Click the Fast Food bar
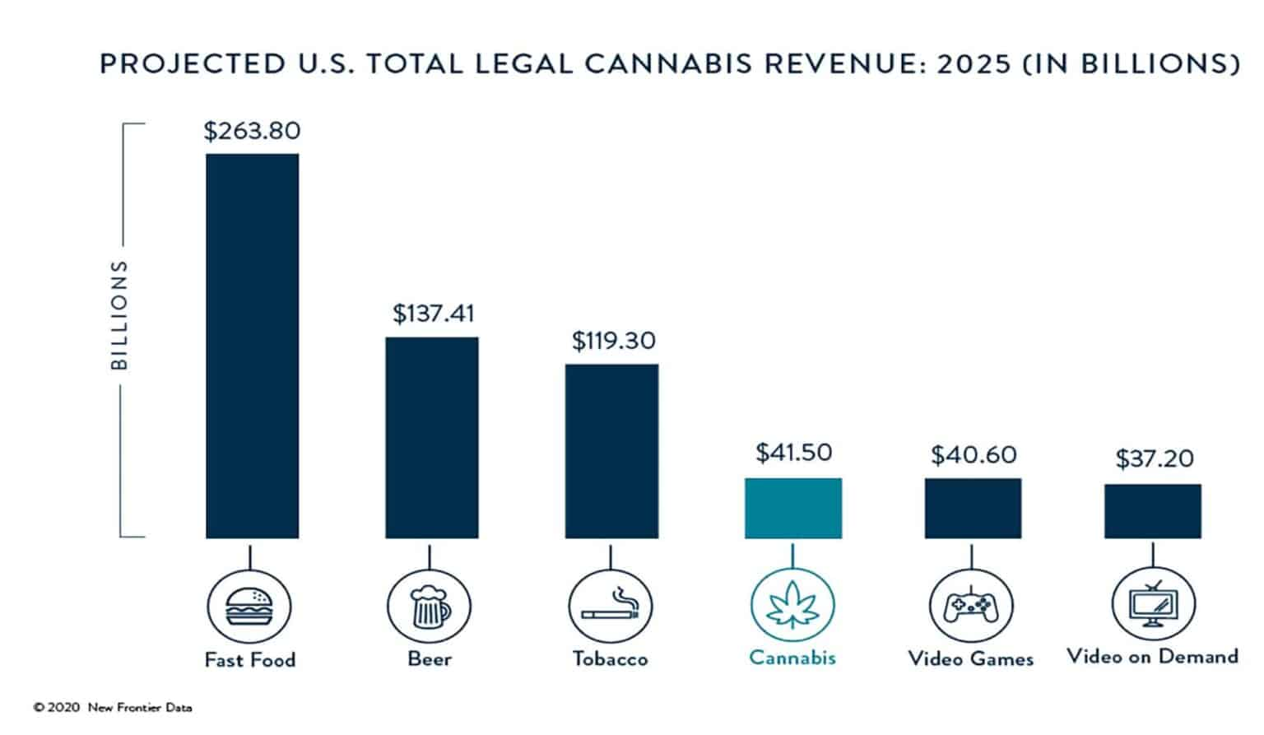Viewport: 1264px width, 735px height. pos(252,346)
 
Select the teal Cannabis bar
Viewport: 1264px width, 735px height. pos(792,508)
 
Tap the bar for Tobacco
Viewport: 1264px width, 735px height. pos(611,451)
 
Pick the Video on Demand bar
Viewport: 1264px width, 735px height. pos(1152,511)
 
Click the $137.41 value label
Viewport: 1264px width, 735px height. pos(433,314)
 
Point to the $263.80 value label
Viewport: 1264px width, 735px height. pos(252,131)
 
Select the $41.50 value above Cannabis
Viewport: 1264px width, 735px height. pos(793,453)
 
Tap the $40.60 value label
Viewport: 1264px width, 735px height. pos(974,455)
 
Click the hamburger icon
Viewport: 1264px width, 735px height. pos(249,607)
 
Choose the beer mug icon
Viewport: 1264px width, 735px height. pos(430,607)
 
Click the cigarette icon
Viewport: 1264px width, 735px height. pos(610,607)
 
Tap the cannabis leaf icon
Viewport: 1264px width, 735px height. pos(792,607)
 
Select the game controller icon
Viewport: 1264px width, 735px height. pos(971,607)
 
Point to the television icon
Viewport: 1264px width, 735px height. pos(1153,605)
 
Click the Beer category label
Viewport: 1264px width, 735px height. pos(430,659)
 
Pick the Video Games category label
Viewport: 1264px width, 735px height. pos(971,658)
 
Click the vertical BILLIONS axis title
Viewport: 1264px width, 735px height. pos(120,314)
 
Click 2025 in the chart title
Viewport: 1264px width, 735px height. pos(974,64)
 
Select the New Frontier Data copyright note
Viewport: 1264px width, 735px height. pos(113,707)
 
